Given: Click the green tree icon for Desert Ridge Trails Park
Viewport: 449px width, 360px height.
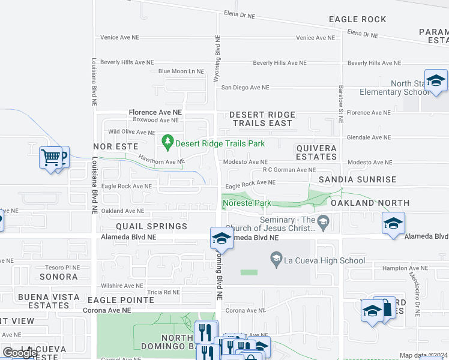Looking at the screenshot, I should click(x=168, y=143).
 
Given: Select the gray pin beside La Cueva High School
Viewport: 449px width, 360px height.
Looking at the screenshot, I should click(x=276, y=260).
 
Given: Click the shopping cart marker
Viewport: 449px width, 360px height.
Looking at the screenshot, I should click(x=50, y=158).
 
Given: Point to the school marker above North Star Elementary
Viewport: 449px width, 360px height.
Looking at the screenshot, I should click(x=435, y=80).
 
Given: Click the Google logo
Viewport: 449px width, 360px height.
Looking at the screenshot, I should click(x=20, y=352).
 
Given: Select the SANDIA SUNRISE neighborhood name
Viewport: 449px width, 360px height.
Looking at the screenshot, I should click(x=357, y=179).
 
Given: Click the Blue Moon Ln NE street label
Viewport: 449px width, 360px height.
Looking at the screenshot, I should click(x=181, y=71).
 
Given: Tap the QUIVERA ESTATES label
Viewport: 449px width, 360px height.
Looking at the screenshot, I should click(x=316, y=152).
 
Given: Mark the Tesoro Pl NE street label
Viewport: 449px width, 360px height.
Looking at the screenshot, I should click(x=62, y=268).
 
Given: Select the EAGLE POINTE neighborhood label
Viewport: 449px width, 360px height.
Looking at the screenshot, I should click(x=121, y=299).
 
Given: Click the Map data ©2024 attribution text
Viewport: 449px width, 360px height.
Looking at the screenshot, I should click(x=423, y=355).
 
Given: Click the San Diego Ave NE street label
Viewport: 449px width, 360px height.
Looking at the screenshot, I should click(x=246, y=88).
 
